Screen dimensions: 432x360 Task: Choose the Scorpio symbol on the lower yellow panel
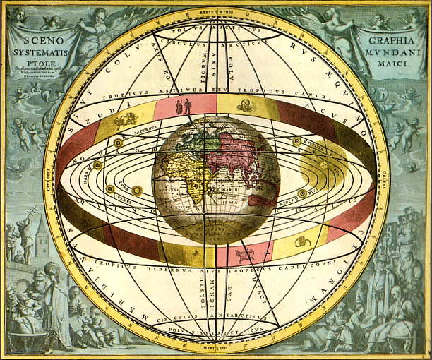pyautogui.click(x=302, y=242)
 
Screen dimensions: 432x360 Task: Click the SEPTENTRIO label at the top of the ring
pyautogui.click(x=216, y=13)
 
